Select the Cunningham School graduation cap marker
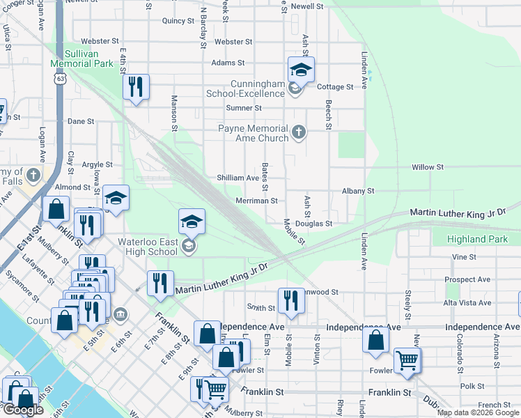(x=301, y=70)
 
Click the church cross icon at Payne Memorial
(x=299, y=132)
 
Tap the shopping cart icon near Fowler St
(x=407, y=360)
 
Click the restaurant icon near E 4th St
(x=135, y=86)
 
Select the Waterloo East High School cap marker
(x=192, y=222)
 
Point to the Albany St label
(x=358, y=190)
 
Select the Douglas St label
(x=313, y=224)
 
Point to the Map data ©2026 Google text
(x=479, y=412)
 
